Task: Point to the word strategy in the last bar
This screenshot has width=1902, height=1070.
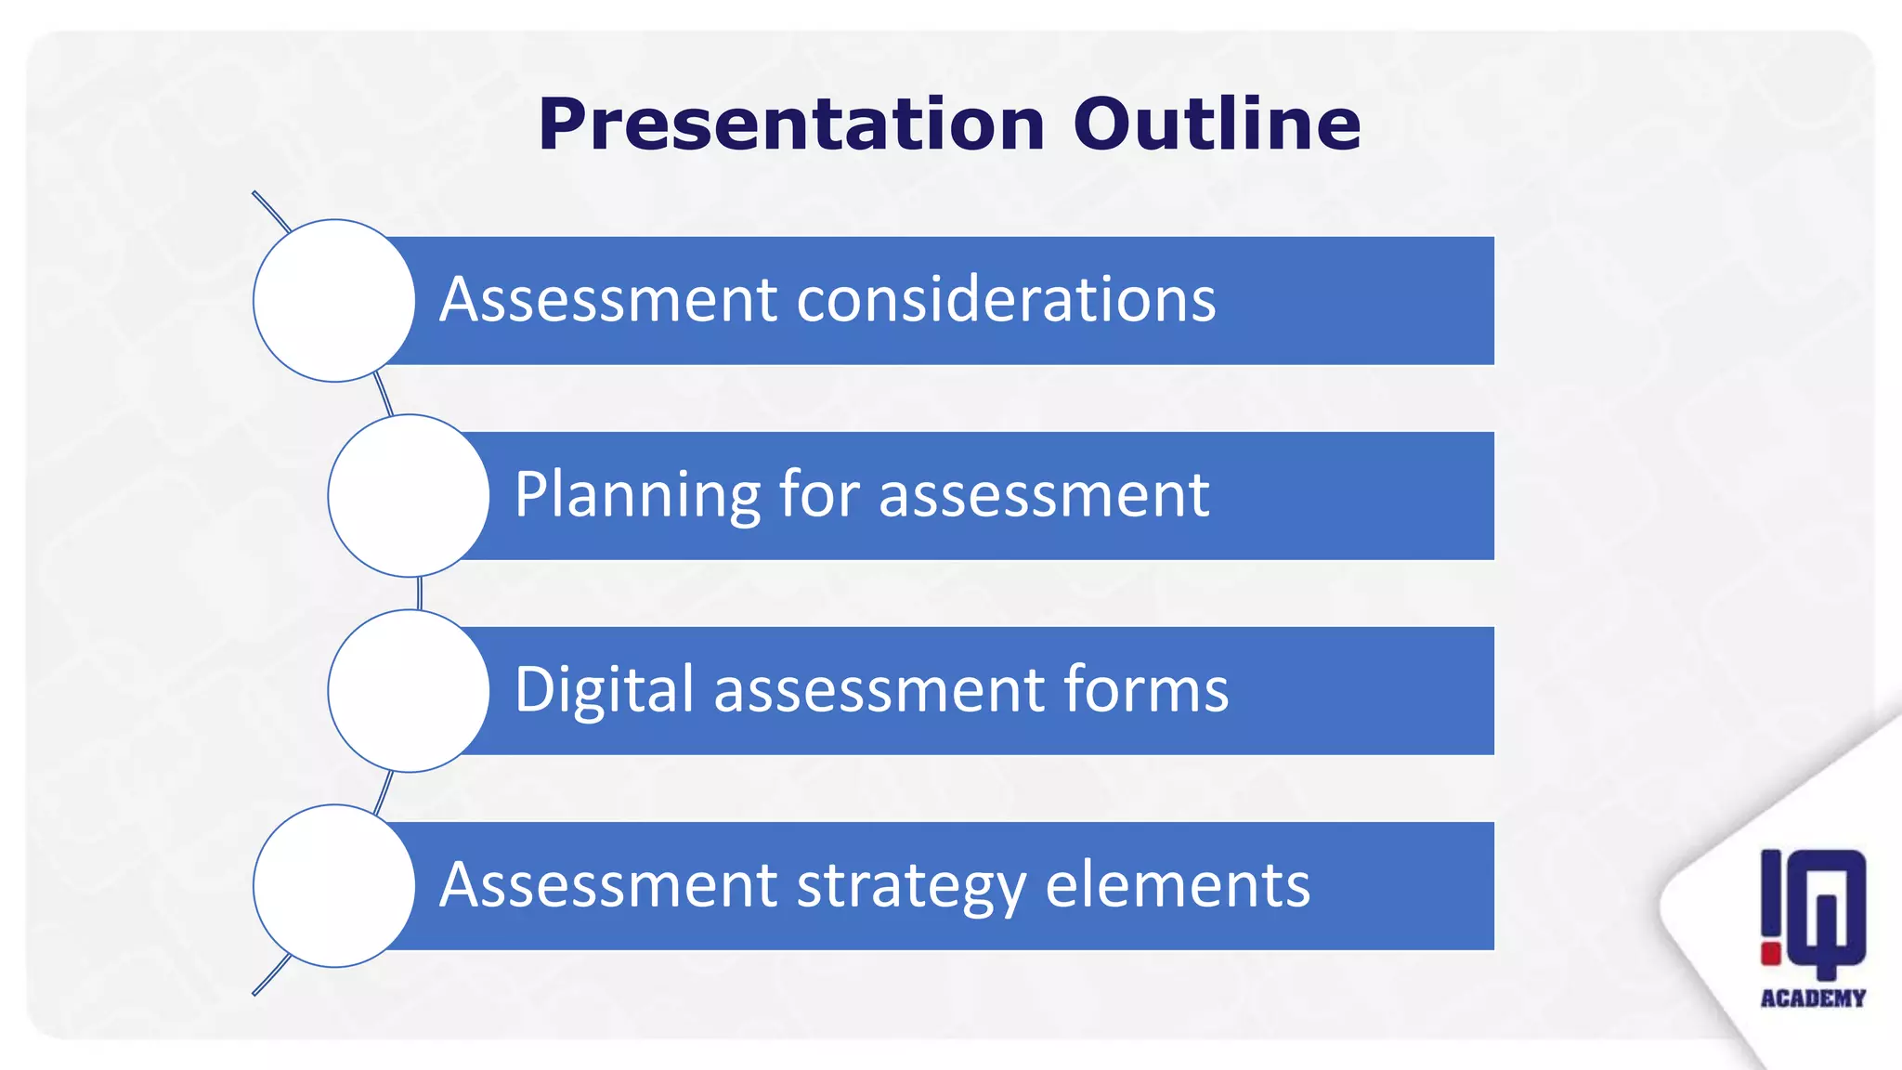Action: (x=911, y=885)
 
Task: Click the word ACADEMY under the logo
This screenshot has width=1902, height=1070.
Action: (x=1813, y=998)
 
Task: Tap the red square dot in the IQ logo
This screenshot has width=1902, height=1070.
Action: (x=1771, y=953)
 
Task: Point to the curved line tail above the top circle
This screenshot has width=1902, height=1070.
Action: (x=270, y=211)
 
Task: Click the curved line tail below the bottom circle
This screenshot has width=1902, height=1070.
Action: (x=270, y=976)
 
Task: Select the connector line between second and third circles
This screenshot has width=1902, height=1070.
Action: (x=420, y=593)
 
